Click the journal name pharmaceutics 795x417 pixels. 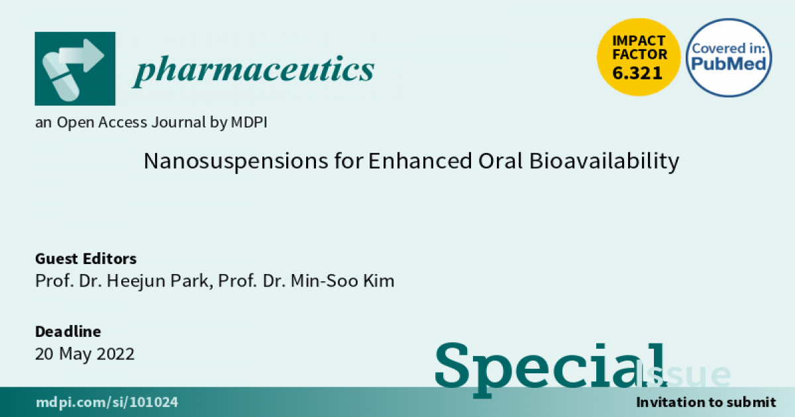[253, 70]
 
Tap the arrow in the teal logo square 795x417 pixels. [82, 56]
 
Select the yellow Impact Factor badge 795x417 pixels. [639, 57]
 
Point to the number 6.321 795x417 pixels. [637, 73]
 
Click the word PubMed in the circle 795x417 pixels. [729, 64]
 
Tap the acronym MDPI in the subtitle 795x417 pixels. [249, 122]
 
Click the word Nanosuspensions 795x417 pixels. [236, 162]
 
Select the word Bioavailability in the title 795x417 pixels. [604, 162]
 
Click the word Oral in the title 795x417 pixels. [500, 161]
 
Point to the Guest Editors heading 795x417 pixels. [86, 259]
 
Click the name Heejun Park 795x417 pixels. [158, 281]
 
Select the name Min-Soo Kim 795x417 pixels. [343, 281]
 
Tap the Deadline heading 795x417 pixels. [68, 332]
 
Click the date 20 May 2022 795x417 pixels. [85, 354]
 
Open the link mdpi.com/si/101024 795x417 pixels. [107, 402]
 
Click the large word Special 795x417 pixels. [551, 369]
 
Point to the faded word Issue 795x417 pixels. [684, 374]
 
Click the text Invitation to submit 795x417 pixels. [706, 402]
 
